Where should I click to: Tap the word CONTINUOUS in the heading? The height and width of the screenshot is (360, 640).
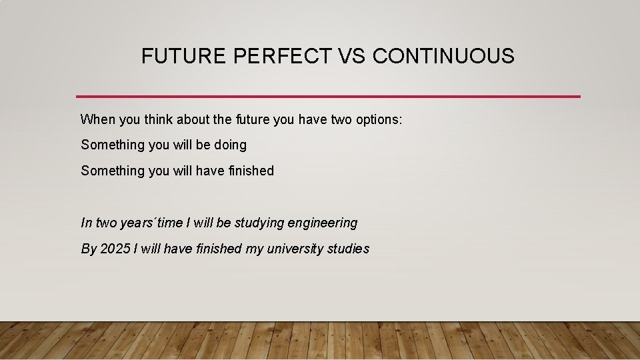[443, 56]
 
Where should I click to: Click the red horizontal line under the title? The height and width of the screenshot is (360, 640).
[328, 97]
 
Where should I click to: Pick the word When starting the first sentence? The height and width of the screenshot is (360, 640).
[97, 119]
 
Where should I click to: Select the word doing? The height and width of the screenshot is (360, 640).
[230, 145]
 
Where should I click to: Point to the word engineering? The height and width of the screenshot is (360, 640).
[323, 223]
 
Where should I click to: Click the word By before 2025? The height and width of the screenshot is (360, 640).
[89, 249]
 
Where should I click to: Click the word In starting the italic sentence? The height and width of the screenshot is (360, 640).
[86, 223]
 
